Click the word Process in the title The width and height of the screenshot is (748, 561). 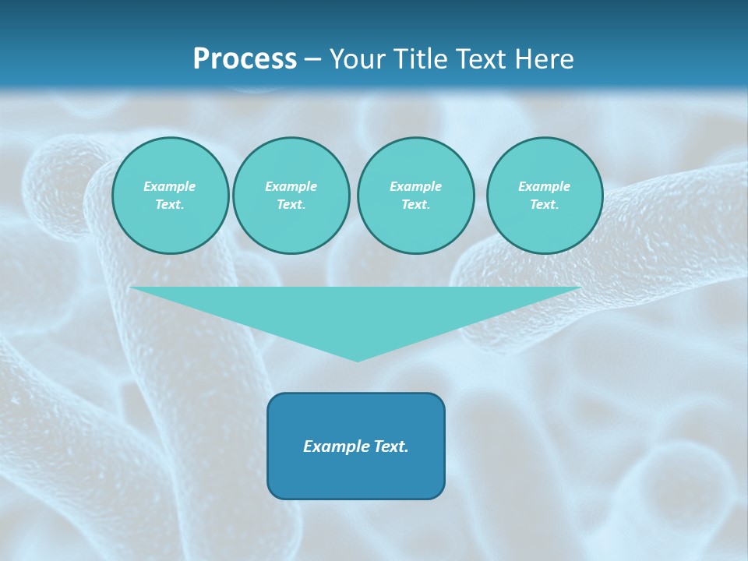coord(245,59)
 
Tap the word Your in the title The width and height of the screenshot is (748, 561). coord(355,59)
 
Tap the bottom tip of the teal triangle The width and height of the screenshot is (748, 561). coord(357,360)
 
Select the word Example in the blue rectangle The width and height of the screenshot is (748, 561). coord(336,446)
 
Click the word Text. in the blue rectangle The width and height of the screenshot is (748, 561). coord(390,446)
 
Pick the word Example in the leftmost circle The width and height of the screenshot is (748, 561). coord(170,186)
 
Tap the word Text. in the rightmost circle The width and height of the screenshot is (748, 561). coord(545,205)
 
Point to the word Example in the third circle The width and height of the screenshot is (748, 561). coord(415,186)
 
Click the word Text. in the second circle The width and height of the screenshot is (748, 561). coord(291,205)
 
